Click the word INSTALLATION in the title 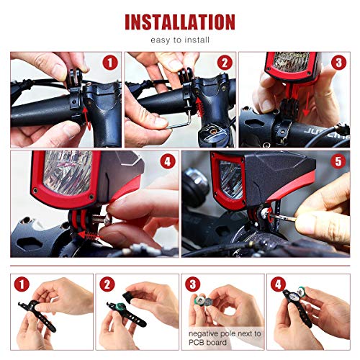(180, 22)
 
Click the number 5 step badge (338, 161)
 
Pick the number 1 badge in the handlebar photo (110, 63)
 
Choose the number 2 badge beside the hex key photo (224, 63)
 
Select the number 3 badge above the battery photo (192, 285)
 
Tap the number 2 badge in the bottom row (107, 285)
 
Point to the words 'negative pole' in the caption (206, 334)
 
